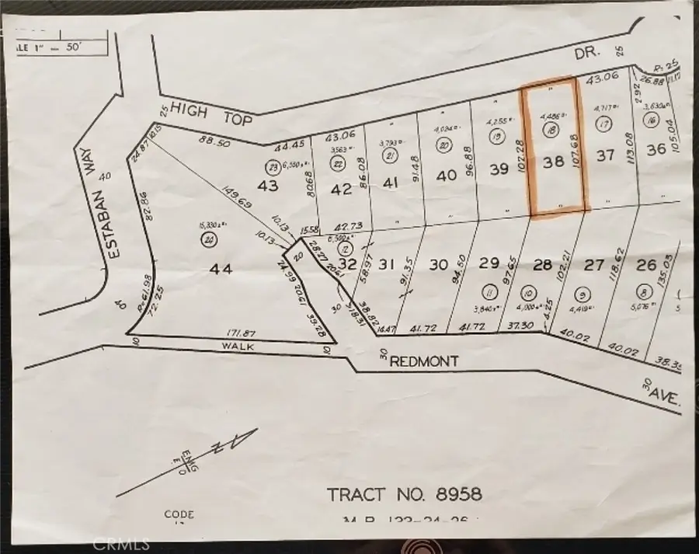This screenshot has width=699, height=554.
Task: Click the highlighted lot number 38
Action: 554,163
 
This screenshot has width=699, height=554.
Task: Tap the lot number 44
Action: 221,269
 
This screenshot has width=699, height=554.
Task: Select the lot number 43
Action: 268,187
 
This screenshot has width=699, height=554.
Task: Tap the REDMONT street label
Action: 425,361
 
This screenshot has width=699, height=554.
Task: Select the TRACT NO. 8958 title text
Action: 404,494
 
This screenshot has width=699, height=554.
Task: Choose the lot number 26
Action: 646,265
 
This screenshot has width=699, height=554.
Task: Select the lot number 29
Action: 489,264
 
